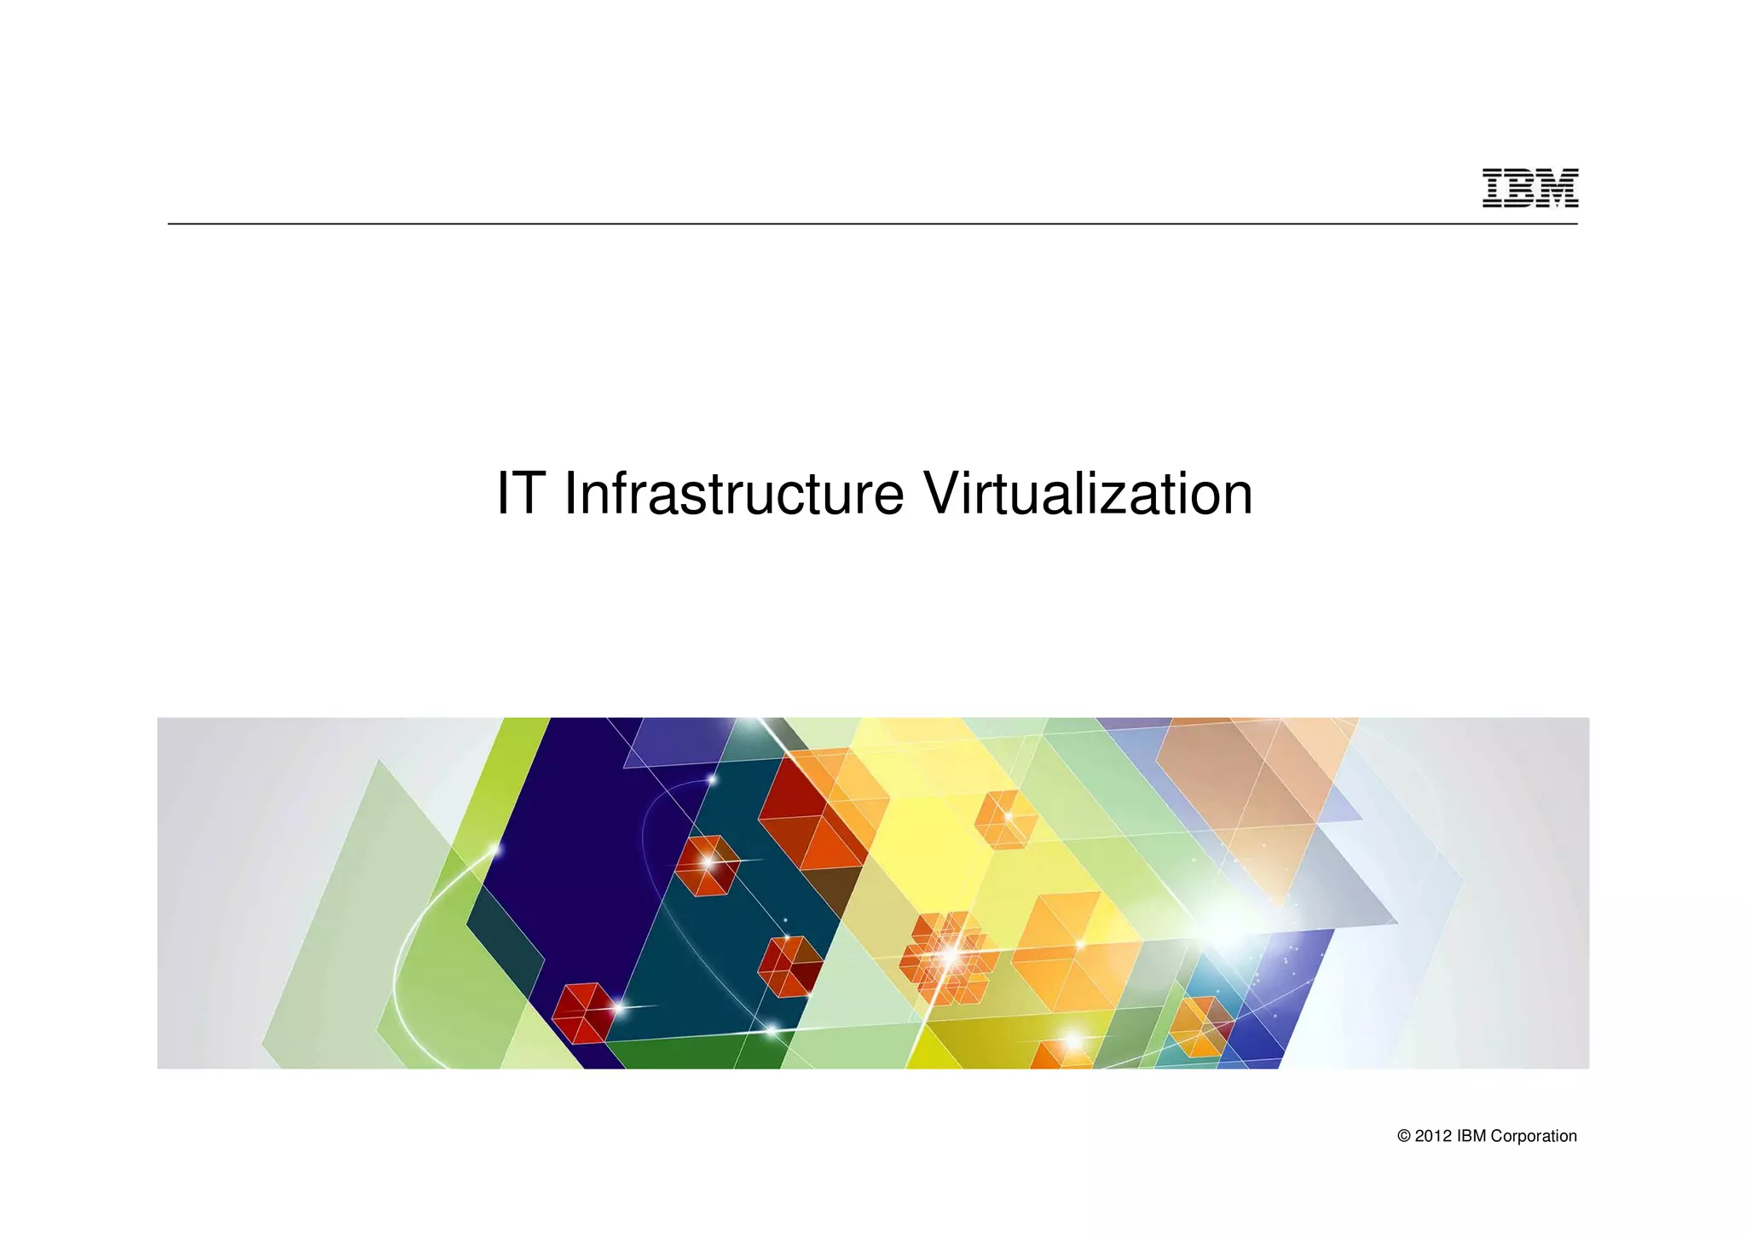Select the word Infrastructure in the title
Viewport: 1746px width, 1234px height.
(x=733, y=494)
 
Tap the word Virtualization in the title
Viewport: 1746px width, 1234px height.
(x=1088, y=494)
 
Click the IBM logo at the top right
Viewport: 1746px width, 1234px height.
(x=1529, y=188)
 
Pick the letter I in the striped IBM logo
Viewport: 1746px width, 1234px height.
(x=1493, y=188)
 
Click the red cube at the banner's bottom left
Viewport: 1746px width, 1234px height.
(x=584, y=1013)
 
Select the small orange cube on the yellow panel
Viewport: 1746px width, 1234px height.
(x=1006, y=819)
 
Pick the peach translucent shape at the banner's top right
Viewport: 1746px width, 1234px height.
(x=1253, y=785)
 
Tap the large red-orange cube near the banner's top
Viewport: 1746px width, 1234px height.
(x=814, y=810)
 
